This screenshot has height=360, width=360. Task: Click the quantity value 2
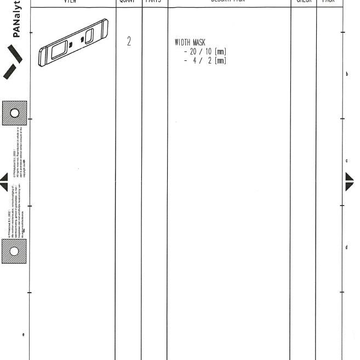(129, 42)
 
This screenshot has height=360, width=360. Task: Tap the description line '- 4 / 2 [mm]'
(205, 60)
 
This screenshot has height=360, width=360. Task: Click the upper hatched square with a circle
(15, 113)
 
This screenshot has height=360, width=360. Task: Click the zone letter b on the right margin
(346, 75)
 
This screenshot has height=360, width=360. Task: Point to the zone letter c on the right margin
(346, 161)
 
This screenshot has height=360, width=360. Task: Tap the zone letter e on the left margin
(23, 334)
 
